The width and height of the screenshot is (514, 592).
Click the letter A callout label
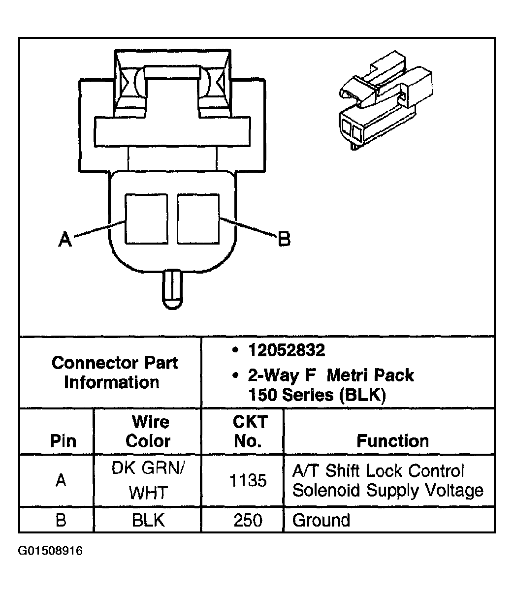pos(64,240)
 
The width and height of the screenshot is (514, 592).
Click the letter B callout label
pos(285,240)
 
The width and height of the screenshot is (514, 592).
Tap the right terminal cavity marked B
pos(198,218)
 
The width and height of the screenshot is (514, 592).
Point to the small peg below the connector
pos(172,289)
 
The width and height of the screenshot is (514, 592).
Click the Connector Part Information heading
pos(114,373)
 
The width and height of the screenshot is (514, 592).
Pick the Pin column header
pos(64,440)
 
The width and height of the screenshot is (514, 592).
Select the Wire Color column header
pos(148,431)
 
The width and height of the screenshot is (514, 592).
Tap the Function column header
pos(392,440)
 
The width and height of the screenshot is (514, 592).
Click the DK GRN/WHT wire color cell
pos(148,480)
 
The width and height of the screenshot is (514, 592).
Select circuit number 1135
pos(248,480)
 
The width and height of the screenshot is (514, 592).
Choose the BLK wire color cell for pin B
pos(148,520)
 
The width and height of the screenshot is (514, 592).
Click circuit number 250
pos(248,520)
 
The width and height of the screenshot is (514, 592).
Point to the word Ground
pos(321,520)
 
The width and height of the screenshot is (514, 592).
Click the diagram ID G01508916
pos(50,550)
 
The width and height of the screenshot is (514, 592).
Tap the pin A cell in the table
pos(61,480)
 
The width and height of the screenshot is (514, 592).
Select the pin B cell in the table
pos(61,520)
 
